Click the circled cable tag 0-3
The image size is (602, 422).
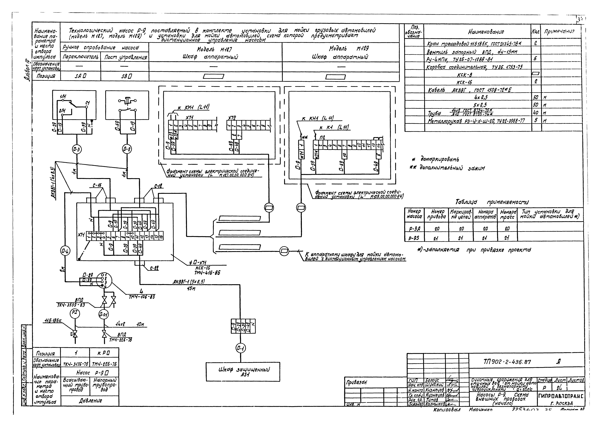[77, 149]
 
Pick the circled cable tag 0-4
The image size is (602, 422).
[65, 251]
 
